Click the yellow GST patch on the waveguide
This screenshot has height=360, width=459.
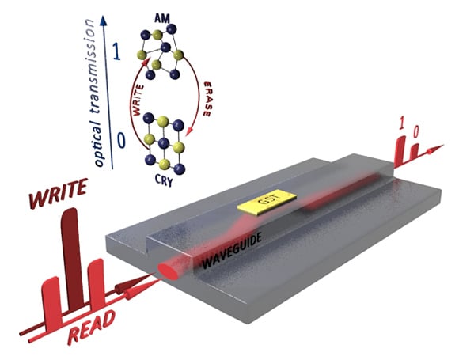pyautogui.click(x=267, y=202)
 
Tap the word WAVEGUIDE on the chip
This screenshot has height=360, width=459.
pyautogui.click(x=232, y=251)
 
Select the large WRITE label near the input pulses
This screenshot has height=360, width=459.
pyautogui.click(x=59, y=193)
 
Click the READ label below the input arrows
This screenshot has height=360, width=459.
pyautogui.click(x=91, y=328)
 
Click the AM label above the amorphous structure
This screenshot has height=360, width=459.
pyautogui.click(x=162, y=19)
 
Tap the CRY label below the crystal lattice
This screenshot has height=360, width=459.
pyautogui.click(x=164, y=180)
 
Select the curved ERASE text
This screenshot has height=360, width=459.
pyautogui.click(x=207, y=99)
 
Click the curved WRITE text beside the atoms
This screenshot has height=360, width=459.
pyautogui.click(x=138, y=100)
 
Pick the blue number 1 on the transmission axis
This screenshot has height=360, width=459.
pyautogui.click(x=116, y=52)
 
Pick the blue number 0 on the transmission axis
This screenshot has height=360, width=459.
pyautogui.click(x=121, y=140)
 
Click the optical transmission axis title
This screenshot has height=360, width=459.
pyautogui.click(x=94, y=93)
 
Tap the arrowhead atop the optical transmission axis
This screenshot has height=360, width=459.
pyautogui.click(x=103, y=20)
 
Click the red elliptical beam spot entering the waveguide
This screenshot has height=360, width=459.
pyautogui.click(x=168, y=271)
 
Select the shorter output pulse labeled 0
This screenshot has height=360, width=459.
pyautogui.click(x=415, y=152)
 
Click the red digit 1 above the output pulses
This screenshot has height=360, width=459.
pyautogui.click(x=402, y=123)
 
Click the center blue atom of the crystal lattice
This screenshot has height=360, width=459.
pyautogui.click(x=164, y=143)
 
